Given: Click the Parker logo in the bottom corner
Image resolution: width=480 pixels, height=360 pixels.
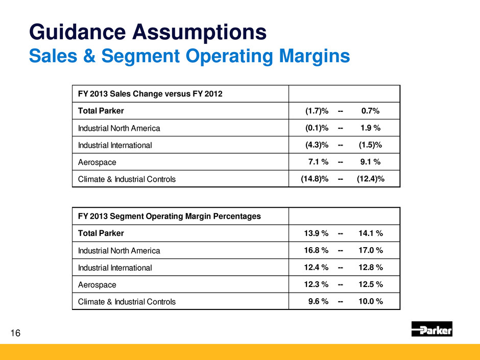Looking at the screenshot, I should coord(431,329).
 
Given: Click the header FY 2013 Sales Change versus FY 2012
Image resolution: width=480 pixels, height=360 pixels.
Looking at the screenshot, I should coord(151,93).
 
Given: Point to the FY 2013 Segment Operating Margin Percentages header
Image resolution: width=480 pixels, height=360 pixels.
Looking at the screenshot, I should coord(169,216).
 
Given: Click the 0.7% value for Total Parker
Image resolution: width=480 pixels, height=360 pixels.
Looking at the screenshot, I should coord(370,111).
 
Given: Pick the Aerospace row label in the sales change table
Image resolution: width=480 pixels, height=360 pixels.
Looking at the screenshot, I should coord(97,162).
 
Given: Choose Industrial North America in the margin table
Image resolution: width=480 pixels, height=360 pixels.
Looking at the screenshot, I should coord(119,251).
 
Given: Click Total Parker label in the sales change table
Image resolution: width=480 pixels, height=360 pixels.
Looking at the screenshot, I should coord(101,111).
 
